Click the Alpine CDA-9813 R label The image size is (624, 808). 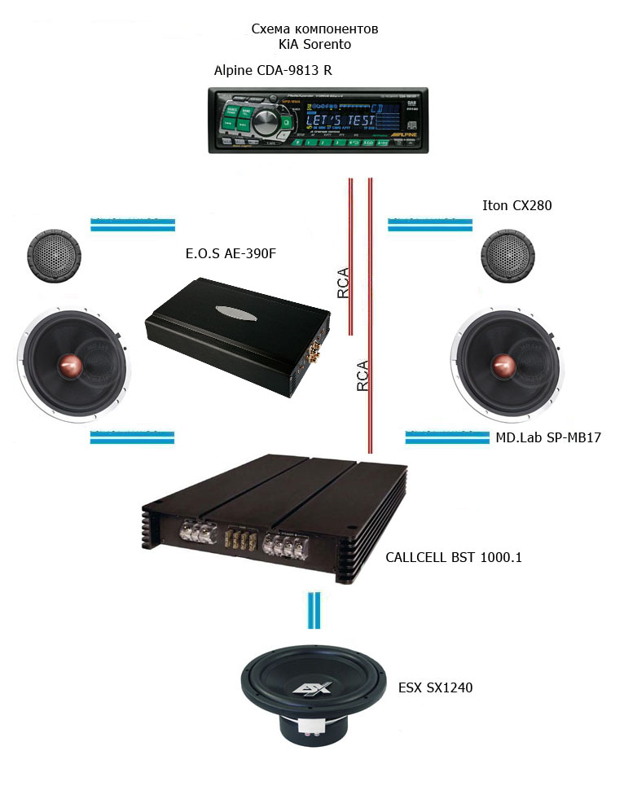[273, 70]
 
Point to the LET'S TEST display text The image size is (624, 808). [341, 121]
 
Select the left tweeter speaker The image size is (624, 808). [51, 257]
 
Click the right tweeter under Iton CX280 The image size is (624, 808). [507, 257]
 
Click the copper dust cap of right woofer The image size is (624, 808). [503, 367]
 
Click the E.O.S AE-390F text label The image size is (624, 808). [231, 254]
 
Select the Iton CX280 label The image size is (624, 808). [517, 206]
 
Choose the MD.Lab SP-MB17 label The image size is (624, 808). [548, 438]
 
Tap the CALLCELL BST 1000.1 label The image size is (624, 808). [453, 558]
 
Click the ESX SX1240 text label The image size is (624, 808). [435, 687]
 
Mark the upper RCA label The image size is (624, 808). [344, 283]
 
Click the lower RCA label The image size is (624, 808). [363, 376]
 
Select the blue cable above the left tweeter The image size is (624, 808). [132, 224]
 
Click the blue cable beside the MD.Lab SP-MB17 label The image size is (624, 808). [446, 438]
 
